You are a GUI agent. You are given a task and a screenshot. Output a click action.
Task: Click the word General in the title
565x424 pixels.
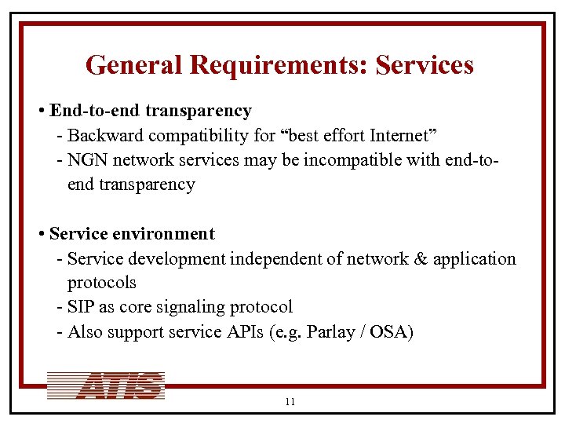click(x=133, y=65)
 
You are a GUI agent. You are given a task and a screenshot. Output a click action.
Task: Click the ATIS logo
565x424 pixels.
click(x=106, y=386)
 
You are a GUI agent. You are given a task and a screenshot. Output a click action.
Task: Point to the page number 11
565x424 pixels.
click(x=290, y=402)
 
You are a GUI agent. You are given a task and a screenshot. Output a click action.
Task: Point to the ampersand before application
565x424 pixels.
click(x=414, y=258)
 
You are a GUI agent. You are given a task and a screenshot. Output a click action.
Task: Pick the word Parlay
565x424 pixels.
click(x=328, y=332)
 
